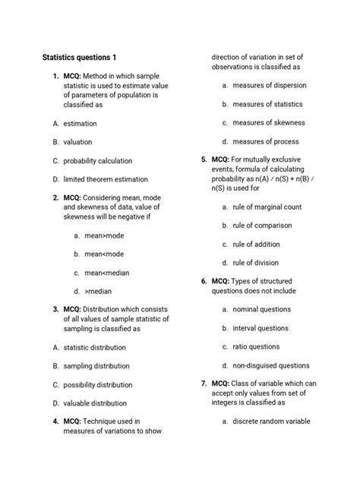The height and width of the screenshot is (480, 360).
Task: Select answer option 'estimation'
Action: pos(80,123)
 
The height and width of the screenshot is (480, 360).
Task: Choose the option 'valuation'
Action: pos(77,141)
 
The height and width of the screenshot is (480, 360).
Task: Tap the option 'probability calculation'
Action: pos(97,160)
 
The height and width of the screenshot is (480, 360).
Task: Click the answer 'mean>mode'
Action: pos(104,235)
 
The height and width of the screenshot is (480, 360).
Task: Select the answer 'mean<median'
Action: pos(107,273)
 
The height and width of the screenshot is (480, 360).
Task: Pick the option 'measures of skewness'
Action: pos(269,123)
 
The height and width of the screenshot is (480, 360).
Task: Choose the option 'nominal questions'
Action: pos(261,309)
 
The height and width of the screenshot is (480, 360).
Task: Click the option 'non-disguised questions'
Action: pos(271,365)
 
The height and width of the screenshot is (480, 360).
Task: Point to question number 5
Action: pos(204,160)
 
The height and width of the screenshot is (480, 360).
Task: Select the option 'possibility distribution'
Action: pos(98,384)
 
